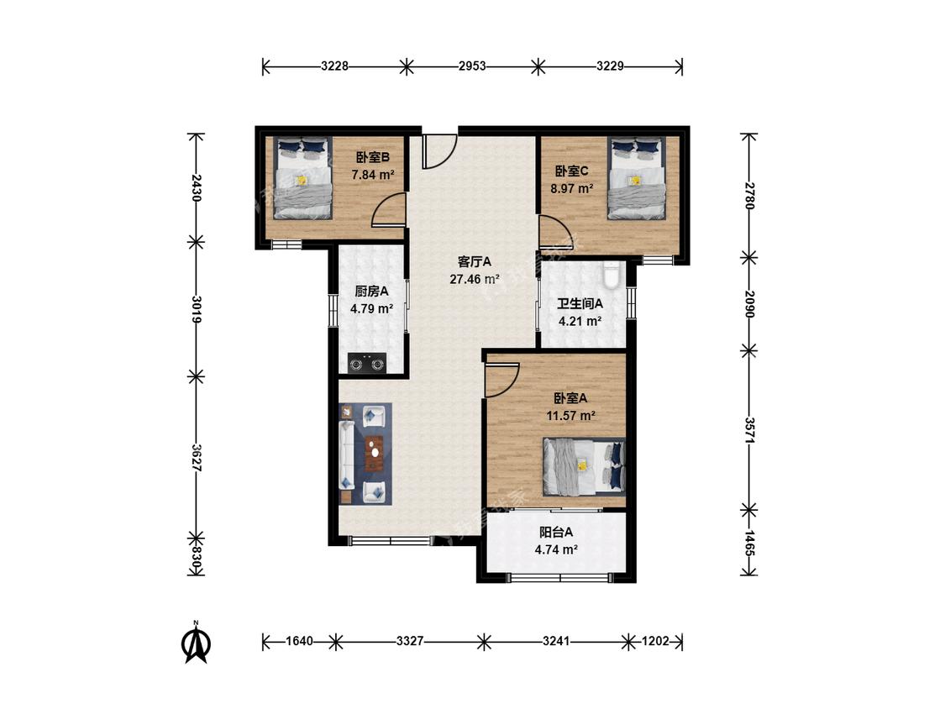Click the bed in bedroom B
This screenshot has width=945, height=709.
pos(303,178)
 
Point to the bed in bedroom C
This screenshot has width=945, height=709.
pos(637,178)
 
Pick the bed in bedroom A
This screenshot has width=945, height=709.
pos(584,466)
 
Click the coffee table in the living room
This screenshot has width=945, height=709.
pos(375,453)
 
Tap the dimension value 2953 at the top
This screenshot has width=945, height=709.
pos(472,66)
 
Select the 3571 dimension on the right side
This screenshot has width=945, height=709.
pos(749,430)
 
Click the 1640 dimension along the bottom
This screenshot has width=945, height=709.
pos(299,641)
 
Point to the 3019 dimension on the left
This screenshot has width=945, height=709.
pos(196,309)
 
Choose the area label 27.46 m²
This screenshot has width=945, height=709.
pos(475,279)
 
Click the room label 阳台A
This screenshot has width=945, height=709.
pos(556,533)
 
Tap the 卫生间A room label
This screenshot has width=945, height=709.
pos(580,304)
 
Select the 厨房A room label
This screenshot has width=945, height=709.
pos(371,291)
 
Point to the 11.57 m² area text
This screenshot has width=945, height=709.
pos(570,416)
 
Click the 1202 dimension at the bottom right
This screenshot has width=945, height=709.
pos(655,641)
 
